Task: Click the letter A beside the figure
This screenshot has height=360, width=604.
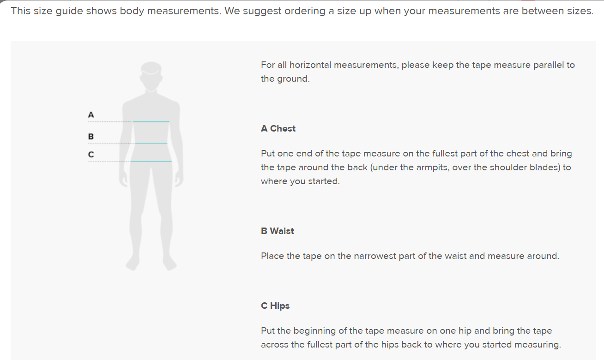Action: pyautogui.click(x=91, y=115)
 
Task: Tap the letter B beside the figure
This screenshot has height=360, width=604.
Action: pyautogui.click(x=91, y=136)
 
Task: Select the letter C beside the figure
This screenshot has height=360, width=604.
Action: pyautogui.click(x=91, y=155)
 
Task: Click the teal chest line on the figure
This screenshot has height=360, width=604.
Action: pyautogui.click(x=151, y=121)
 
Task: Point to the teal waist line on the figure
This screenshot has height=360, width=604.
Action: pyautogui.click(x=151, y=143)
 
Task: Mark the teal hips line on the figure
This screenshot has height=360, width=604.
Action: pyautogui.click(x=151, y=161)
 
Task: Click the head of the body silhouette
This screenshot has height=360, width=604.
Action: pyautogui.click(x=151, y=76)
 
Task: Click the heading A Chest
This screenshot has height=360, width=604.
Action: pyautogui.click(x=278, y=128)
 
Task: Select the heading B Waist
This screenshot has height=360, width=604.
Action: pyautogui.click(x=277, y=231)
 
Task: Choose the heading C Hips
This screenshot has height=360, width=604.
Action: pyautogui.click(x=275, y=306)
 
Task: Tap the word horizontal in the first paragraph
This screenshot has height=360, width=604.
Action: pyautogui.click(x=310, y=65)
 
